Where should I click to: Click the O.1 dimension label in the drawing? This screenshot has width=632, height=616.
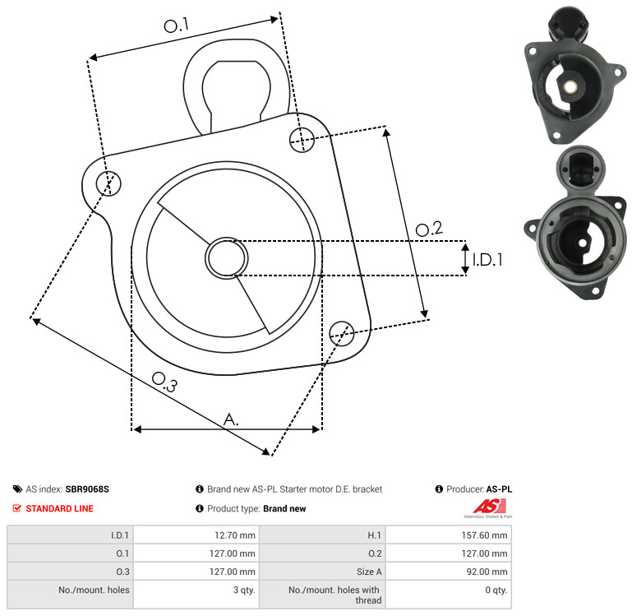tap(177, 25)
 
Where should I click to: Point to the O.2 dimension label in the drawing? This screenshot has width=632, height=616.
tap(429, 229)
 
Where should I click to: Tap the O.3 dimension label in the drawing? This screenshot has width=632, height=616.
tap(164, 382)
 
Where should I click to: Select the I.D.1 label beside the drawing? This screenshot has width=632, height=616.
tap(487, 260)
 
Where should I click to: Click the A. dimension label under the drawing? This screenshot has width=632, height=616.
tap(231, 419)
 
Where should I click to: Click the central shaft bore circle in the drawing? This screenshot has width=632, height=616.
tap(227, 258)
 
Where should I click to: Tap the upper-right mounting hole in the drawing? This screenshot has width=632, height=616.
tap(302, 140)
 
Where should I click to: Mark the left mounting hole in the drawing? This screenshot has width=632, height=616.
tap(108, 183)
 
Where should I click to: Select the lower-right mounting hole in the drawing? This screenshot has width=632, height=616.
tap(342, 334)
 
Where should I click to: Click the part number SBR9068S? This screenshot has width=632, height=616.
tap(87, 489)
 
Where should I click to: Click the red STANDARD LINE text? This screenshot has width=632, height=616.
tap(60, 508)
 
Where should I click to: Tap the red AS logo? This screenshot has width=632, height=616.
tap(489, 507)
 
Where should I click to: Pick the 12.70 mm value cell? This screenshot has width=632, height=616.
tap(196, 535)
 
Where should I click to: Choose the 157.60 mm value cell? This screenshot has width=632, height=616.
tap(449, 535)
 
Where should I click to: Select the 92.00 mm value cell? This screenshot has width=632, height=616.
tap(449, 572)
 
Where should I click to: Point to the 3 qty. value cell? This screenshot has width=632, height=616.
tap(196, 595)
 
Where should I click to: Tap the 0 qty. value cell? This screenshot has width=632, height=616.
tap(449, 595)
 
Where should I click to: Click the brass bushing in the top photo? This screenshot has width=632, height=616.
tap(569, 86)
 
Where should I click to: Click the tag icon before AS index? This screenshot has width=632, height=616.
tap(17, 489)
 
